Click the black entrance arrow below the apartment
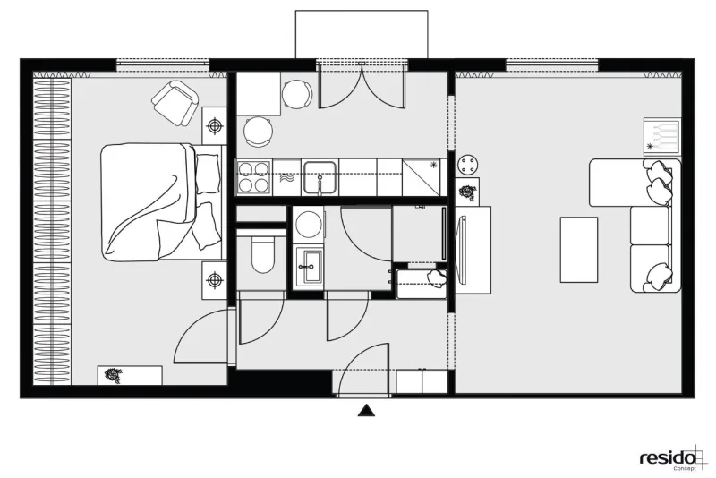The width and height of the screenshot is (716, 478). coord(366,412)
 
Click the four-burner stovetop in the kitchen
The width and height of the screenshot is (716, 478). coord(253,177)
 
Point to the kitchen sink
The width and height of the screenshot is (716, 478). coord(320,177)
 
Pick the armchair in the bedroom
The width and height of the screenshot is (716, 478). coord(175,104)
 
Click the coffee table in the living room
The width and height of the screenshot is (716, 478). coord(579,250)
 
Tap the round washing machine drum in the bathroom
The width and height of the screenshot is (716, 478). coord(308,224)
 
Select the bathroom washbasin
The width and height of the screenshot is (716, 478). coord(308,267)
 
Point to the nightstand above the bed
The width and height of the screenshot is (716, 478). coord(214,125)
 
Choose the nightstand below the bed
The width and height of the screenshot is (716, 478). coord(214,280)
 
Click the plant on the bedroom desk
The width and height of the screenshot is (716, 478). coord(113,375)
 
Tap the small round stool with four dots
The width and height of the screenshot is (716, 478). coord(467,165)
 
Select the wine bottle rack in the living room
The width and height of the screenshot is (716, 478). coord(662,135)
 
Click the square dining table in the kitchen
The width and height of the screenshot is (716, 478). coord(258,94)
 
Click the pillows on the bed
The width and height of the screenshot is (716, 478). coord(206,201)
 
